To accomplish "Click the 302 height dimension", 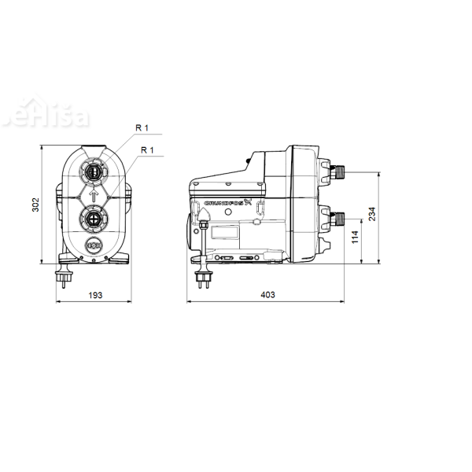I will click(x=35, y=205).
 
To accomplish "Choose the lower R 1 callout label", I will click(x=146, y=149).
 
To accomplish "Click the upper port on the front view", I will click(x=93, y=169).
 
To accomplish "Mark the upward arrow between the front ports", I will click(x=93, y=194).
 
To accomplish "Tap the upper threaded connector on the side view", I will click(x=339, y=170).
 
